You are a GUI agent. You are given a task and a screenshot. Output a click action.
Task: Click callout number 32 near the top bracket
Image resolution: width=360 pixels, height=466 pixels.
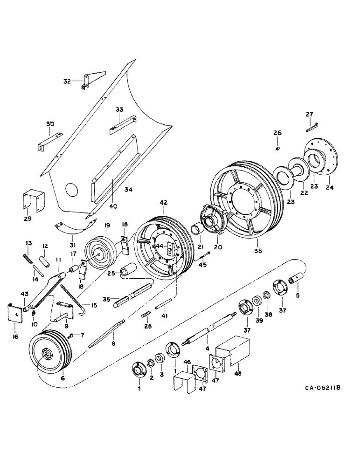click(x=67, y=81)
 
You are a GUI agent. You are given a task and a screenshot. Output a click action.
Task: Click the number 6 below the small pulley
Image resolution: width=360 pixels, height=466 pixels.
click(x=62, y=378)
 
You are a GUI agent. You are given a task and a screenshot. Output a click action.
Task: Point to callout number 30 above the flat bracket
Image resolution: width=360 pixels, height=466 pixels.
click(x=50, y=124)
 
